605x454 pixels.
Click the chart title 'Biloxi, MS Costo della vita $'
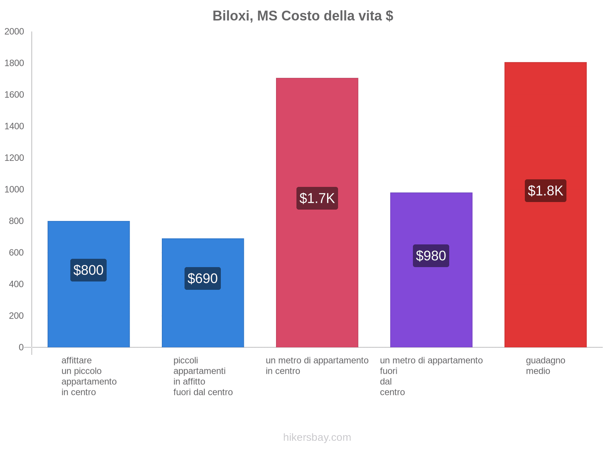(302, 16)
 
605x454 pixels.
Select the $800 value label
(88, 270)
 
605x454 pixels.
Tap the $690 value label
(203, 278)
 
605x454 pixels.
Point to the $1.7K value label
(317, 198)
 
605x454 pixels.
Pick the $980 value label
(431, 256)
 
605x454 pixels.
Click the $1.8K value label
(545, 191)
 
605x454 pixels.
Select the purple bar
(431, 303)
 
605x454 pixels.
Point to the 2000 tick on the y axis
(14, 32)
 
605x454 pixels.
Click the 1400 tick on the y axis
(14, 126)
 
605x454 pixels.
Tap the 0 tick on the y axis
(21, 347)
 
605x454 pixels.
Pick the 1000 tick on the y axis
(14, 190)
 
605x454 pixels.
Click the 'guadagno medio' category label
(545, 365)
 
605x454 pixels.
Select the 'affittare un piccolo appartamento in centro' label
(89, 376)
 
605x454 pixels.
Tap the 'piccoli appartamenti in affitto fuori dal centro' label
(203, 376)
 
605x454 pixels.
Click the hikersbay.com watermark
(317, 437)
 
